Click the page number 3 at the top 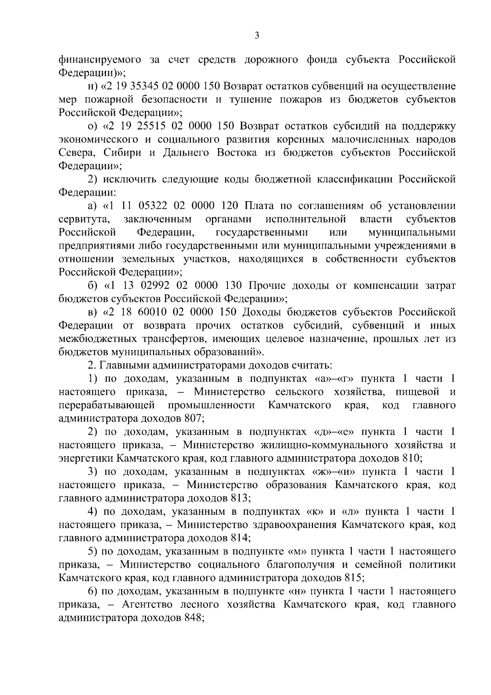coord(257,36)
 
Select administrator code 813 coord(239,498)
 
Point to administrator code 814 coord(239,538)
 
